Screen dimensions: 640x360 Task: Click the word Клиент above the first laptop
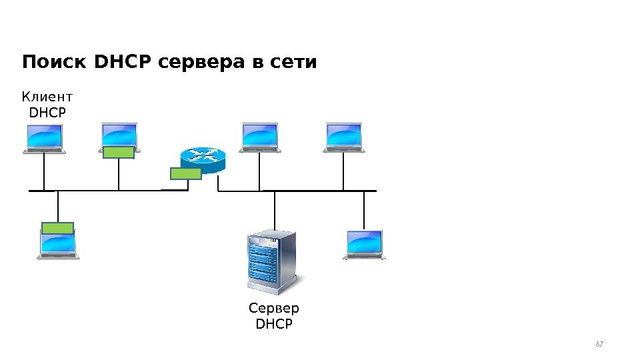[47, 99]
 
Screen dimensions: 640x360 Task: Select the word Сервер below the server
[274, 309]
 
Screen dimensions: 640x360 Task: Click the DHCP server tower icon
[271, 261]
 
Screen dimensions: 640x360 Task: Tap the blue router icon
[203, 158]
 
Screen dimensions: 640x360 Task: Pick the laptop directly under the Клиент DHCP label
[44, 139]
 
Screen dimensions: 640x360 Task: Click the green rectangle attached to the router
[186, 174]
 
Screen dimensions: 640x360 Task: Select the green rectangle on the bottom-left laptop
[57, 227]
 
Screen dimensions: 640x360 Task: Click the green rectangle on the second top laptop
[119, 153]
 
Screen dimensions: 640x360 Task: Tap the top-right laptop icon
[344, 138]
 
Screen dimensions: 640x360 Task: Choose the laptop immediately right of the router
[259, 138]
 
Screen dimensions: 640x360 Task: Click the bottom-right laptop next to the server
[365, 245]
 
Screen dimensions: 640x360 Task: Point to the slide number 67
[599, 344]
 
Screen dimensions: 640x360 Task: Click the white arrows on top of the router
[203, 155]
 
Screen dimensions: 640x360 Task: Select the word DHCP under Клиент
[48, 113]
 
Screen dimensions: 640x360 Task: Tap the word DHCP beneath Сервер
[274, 324]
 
